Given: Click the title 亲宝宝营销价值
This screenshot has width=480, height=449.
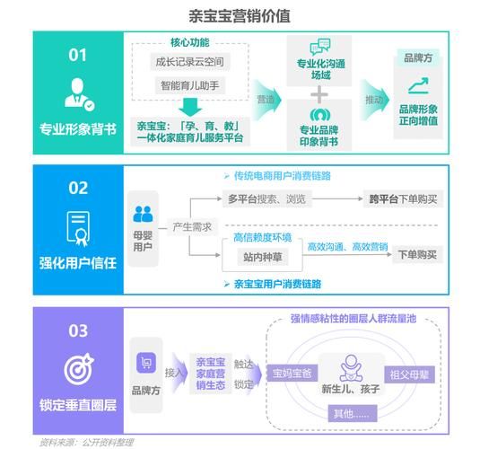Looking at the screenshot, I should (240, 15).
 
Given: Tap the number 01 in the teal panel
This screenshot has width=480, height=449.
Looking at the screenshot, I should (78, 55).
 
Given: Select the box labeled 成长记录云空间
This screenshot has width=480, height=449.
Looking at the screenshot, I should (188, 62).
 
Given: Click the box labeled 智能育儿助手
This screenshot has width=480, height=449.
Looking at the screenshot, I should (188, 86).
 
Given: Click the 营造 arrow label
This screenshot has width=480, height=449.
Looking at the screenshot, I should (266, 99).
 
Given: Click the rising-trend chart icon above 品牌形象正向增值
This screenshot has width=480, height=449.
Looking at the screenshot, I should (417, 86).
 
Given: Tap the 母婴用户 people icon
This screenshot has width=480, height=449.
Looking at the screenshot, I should (144, 215).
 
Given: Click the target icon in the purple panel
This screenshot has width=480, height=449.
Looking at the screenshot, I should (78, 370).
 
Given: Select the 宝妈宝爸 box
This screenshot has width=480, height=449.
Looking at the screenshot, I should (292, 374).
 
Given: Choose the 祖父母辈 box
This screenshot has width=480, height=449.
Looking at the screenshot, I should (410, 374).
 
